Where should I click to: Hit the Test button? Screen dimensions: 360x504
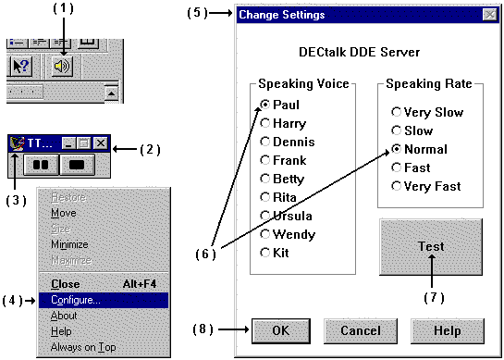click(x=430, y=247)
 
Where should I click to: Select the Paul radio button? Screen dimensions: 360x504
click(x=266, y=105)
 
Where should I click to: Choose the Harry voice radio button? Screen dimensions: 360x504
click(x=266, y=123)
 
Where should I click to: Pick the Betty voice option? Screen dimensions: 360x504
click(x=266, y=179)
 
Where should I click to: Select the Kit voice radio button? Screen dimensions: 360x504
click(x=266, y=253)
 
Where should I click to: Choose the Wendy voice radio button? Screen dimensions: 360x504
click(x=266, y=234)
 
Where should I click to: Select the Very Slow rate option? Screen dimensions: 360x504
click(x=397, y=113)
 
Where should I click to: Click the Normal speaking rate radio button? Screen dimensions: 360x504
click(x=397, y=149)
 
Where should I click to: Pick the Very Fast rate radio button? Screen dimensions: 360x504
click(x=397, y=186)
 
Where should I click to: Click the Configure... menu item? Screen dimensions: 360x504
click(x=76, y=300)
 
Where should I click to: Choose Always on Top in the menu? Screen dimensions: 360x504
click(x=83, y=347)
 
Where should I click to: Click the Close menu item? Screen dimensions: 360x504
click(x=66, y=284)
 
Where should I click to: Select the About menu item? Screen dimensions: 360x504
click(x=65, y=316)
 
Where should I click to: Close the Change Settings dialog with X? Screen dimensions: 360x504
click(x=488, y=14)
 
